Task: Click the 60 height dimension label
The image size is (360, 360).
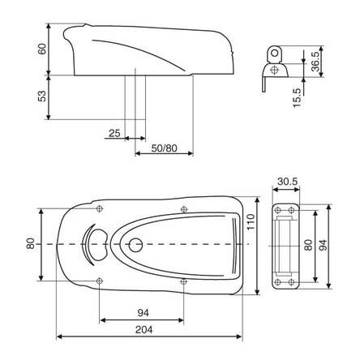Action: click(x=42, y=49)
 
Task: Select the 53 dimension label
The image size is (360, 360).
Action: click(x=42, y=96)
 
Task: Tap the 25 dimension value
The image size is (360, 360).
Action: click(x=114, y=133)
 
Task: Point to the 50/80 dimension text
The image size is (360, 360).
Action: click(x=164, y=148)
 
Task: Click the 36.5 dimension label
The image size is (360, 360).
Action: click(x=315, y=61)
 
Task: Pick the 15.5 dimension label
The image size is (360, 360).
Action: click(x=297, y=97)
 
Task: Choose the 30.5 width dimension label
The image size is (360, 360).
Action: click(x=288, y=182)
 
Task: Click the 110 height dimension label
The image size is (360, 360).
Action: click(x=251, y=221)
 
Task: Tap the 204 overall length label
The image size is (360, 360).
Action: click(x=144, y=330)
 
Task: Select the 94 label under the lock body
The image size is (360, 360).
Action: click(x=144, y=313)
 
